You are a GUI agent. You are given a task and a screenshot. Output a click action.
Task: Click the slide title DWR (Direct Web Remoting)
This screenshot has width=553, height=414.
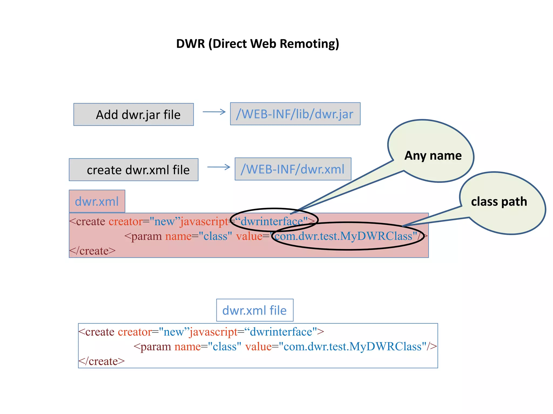(x=257, y=44)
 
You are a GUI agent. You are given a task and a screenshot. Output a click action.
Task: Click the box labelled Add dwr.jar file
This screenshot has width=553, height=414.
(x=134, y=115)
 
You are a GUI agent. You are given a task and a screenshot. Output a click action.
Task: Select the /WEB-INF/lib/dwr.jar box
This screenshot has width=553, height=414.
(x=295, y=114)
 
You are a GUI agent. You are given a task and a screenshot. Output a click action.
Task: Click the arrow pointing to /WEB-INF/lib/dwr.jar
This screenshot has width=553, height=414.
(x=214, y=112)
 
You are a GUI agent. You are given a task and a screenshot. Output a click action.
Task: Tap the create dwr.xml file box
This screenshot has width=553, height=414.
(x=134, y=170)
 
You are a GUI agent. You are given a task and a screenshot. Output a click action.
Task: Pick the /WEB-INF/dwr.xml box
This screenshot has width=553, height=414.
(x=293, y=169)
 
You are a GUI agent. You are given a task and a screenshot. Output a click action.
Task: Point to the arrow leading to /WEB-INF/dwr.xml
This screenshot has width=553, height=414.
(x=218, y=167)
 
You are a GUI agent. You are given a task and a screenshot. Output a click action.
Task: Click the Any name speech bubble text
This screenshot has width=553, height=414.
(x=433, y=156)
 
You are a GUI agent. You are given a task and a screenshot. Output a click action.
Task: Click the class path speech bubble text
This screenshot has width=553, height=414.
(x=499, y=202)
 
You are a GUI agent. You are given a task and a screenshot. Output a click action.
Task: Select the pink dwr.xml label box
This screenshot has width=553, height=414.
(x=97, y=201)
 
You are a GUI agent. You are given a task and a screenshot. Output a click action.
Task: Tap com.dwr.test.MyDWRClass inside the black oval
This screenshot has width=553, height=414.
(x=343, y=236)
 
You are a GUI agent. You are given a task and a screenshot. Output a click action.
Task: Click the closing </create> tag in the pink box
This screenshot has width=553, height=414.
(x=93, y=251)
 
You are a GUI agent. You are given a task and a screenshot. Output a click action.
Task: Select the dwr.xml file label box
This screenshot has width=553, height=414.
(x=255, y=310)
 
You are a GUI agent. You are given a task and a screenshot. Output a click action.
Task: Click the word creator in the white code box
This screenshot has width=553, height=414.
(x=134, y=332)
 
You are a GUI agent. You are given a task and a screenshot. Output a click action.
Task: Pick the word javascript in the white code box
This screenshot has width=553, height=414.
(x=213, y=332)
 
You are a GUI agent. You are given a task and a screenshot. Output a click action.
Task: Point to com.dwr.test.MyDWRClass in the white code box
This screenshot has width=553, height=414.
(x=352, y=347)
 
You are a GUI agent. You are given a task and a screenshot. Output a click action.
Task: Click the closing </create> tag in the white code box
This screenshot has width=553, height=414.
(x=102, y=361)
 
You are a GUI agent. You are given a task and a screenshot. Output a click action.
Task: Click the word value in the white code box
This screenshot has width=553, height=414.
(x=258, y=347)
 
